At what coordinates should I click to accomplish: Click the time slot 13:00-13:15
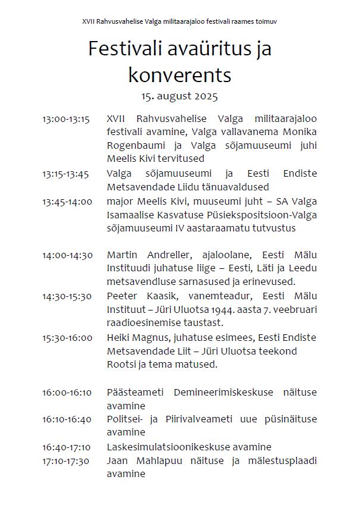click(65, 119)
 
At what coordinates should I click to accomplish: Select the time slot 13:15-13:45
click(65, 174)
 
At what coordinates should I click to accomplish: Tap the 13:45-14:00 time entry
click(67, 201)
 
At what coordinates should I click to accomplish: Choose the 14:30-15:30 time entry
click(67, 296)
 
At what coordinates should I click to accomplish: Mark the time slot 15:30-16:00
click(67, 337)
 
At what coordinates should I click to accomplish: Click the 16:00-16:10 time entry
click(67, 392)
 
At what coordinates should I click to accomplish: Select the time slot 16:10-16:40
click(67, 419)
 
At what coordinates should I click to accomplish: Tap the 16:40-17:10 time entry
click(67, 447)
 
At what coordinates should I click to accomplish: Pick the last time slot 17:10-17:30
click(65, 460)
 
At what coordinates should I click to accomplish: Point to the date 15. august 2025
click(180, 95)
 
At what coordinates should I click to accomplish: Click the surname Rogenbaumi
click(136, 145)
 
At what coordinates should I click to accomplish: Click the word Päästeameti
click(134, 393)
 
